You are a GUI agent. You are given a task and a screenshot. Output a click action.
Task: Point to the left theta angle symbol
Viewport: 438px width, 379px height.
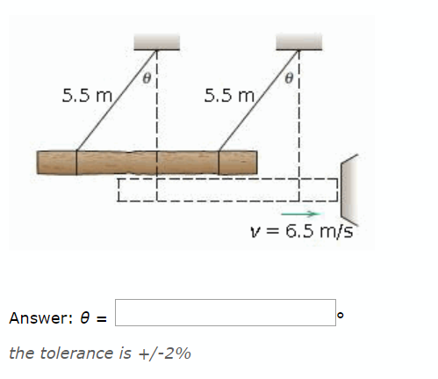coord(148,77)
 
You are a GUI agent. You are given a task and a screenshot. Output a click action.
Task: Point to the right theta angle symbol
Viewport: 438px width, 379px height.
coord(290,77)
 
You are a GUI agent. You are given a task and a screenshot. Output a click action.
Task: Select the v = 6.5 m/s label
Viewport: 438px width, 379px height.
coord(301,231)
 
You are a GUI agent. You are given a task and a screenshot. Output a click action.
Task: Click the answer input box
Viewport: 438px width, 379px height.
coord(224,313)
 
